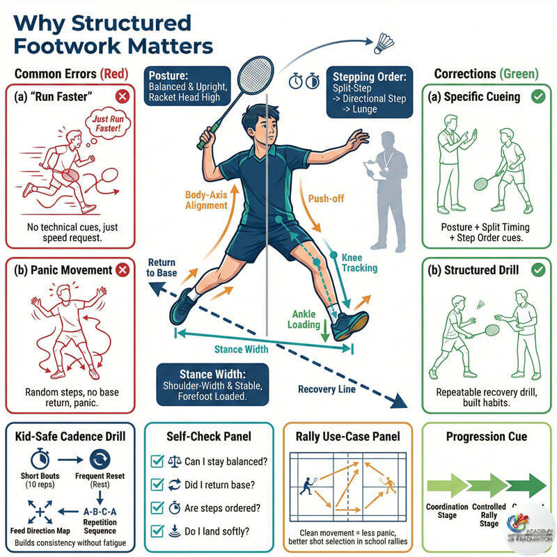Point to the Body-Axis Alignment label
207,201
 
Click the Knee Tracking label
359,262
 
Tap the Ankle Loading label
306,319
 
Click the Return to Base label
162,267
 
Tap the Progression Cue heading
487,437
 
